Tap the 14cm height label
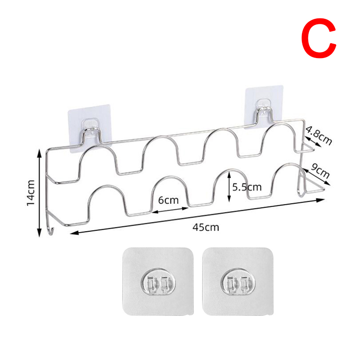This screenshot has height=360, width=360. [x=31, y=193]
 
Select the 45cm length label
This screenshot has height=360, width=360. [x=206, y=227]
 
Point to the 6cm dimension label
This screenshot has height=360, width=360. [x=168, y=200]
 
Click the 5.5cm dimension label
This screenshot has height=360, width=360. [x=247, y=187]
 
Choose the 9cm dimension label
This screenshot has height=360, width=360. [x=320, y=171]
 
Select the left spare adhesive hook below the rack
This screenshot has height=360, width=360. [x=158, y=282]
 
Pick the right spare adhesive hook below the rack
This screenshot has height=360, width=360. [x=238, y=282]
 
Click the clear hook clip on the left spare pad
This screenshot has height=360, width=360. [x=158, y=283]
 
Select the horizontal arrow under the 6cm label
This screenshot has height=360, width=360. [x=170, y=210]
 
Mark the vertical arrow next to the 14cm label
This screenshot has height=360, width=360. [x=40, y=193]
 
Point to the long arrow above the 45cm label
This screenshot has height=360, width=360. [x=197, y=216]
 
